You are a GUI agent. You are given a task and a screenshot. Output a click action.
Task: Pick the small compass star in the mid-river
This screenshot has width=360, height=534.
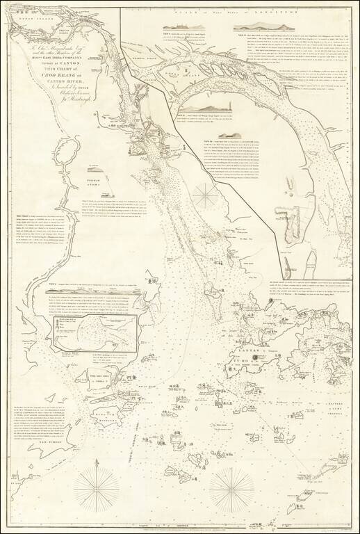point(206,195)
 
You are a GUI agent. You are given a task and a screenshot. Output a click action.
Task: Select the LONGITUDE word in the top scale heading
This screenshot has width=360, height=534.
point(295,12)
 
